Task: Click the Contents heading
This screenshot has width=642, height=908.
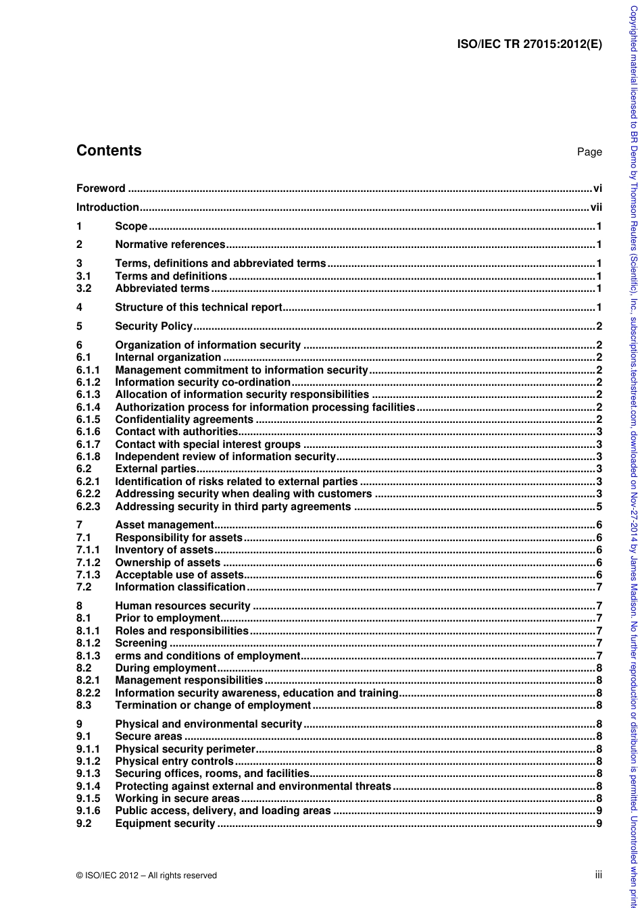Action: pos(109,151)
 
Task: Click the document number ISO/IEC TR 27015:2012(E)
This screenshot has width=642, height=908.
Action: pos(529,46)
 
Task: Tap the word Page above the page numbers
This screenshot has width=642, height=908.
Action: pos(589,152)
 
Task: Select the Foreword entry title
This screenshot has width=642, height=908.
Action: pos(101,188)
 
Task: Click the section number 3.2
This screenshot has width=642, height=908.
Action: pos(84,288)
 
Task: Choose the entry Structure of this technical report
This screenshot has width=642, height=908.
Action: pos(199,307)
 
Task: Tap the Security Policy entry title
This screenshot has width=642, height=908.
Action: pos(154,326)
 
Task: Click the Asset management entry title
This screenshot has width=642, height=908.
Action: pos(164,525)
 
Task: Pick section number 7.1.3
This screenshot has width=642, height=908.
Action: pos(88,575)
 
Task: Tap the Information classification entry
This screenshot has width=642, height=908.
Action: pos(180,587)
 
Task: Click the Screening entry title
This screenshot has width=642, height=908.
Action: pos(141,643)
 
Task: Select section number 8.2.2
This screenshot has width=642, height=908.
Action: pos(88,692)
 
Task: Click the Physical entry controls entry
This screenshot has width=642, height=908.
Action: pos(174,761)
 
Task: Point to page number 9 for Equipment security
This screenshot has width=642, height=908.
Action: pos(599,823)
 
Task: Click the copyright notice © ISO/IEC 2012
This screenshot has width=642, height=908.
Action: pos(147,875)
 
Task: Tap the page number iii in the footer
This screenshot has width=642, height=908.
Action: pos(598,874)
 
